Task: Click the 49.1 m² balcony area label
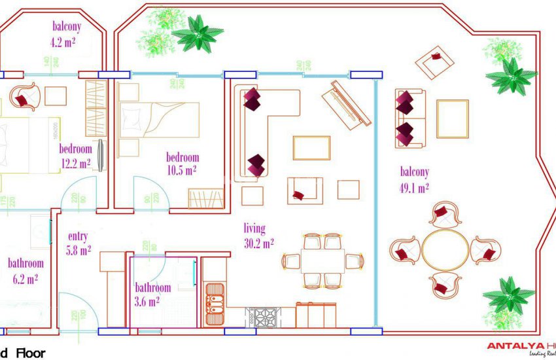[414, 180]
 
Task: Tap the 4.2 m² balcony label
[66, 34]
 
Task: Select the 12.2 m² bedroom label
[75, 156]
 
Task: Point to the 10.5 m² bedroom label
[182, 164]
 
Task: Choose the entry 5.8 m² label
[79, 243]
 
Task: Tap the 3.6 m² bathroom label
[152, 295]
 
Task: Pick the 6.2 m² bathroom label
[26, 271]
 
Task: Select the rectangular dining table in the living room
[323, 261]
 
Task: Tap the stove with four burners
[265, 317]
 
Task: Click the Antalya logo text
[520, 346]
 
